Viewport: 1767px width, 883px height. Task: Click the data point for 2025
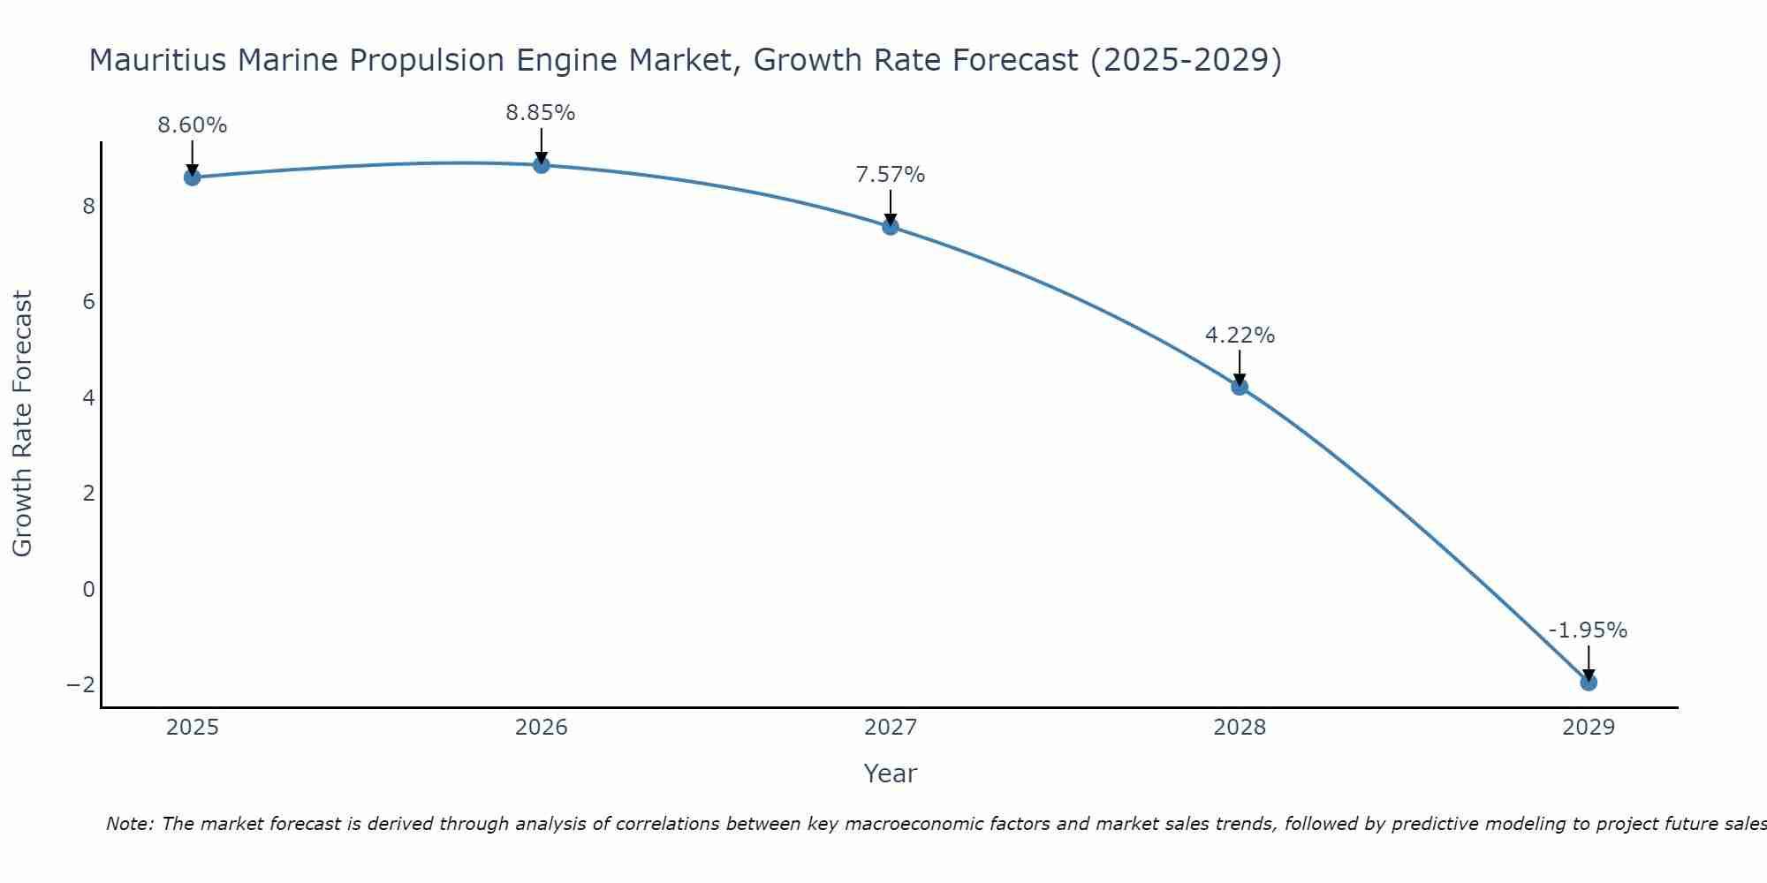pos(193,177)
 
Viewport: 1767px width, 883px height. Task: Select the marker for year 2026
pos(542,165)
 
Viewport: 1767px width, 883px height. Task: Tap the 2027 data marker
pos(891,227)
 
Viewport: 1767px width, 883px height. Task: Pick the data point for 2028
pos(1240,387)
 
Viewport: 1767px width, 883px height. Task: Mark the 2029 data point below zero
pos(1589,683)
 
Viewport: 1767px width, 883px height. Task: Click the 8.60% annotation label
pos(193,125)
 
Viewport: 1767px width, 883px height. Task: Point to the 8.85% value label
pos(541,113)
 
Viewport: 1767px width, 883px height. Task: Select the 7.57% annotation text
pos(891,175)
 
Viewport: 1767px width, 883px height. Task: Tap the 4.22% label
pos(1240,336)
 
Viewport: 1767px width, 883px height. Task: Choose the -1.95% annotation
pos(1588,630)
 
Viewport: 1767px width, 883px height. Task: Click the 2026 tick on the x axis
pos(542,728)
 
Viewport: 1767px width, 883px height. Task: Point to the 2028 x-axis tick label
pos(1240,728)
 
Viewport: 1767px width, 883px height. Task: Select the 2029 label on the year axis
pos(1589,728)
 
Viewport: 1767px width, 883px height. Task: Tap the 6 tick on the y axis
pos(88,302)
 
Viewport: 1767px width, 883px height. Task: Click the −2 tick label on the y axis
pos(81,685)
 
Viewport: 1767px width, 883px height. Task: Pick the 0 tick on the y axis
pos(88,589)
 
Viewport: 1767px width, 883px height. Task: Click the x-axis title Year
pos(891,774)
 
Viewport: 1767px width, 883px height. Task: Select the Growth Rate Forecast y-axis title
pos(23,424)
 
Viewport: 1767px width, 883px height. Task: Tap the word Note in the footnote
pos(129,824)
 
